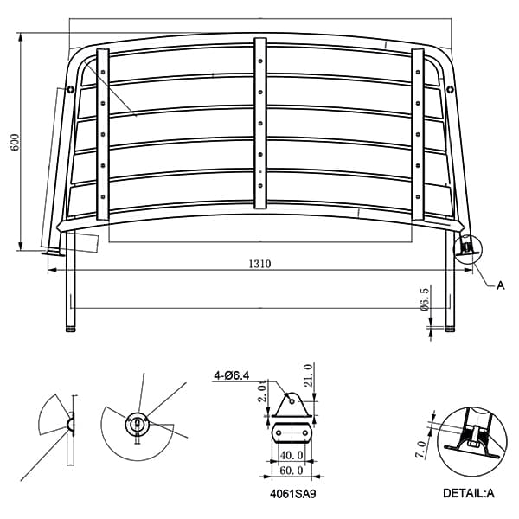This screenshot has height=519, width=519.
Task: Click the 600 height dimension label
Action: tap(16, 143)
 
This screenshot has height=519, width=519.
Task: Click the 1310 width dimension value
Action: tap(259, 264)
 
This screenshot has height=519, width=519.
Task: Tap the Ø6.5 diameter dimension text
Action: tap(425, 299)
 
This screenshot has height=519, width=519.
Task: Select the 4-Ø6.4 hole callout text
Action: tap(231, 375)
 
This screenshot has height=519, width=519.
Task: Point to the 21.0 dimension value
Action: tap(308, 375)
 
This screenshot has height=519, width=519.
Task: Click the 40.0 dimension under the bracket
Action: tap(292, 456)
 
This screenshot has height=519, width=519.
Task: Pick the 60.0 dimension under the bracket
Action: tap(292, 471)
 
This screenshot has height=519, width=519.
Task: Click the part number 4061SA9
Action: tap(293, 494)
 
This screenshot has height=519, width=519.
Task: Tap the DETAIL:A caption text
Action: tap(468, 493)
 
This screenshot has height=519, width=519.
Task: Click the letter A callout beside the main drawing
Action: tap(501, 285)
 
